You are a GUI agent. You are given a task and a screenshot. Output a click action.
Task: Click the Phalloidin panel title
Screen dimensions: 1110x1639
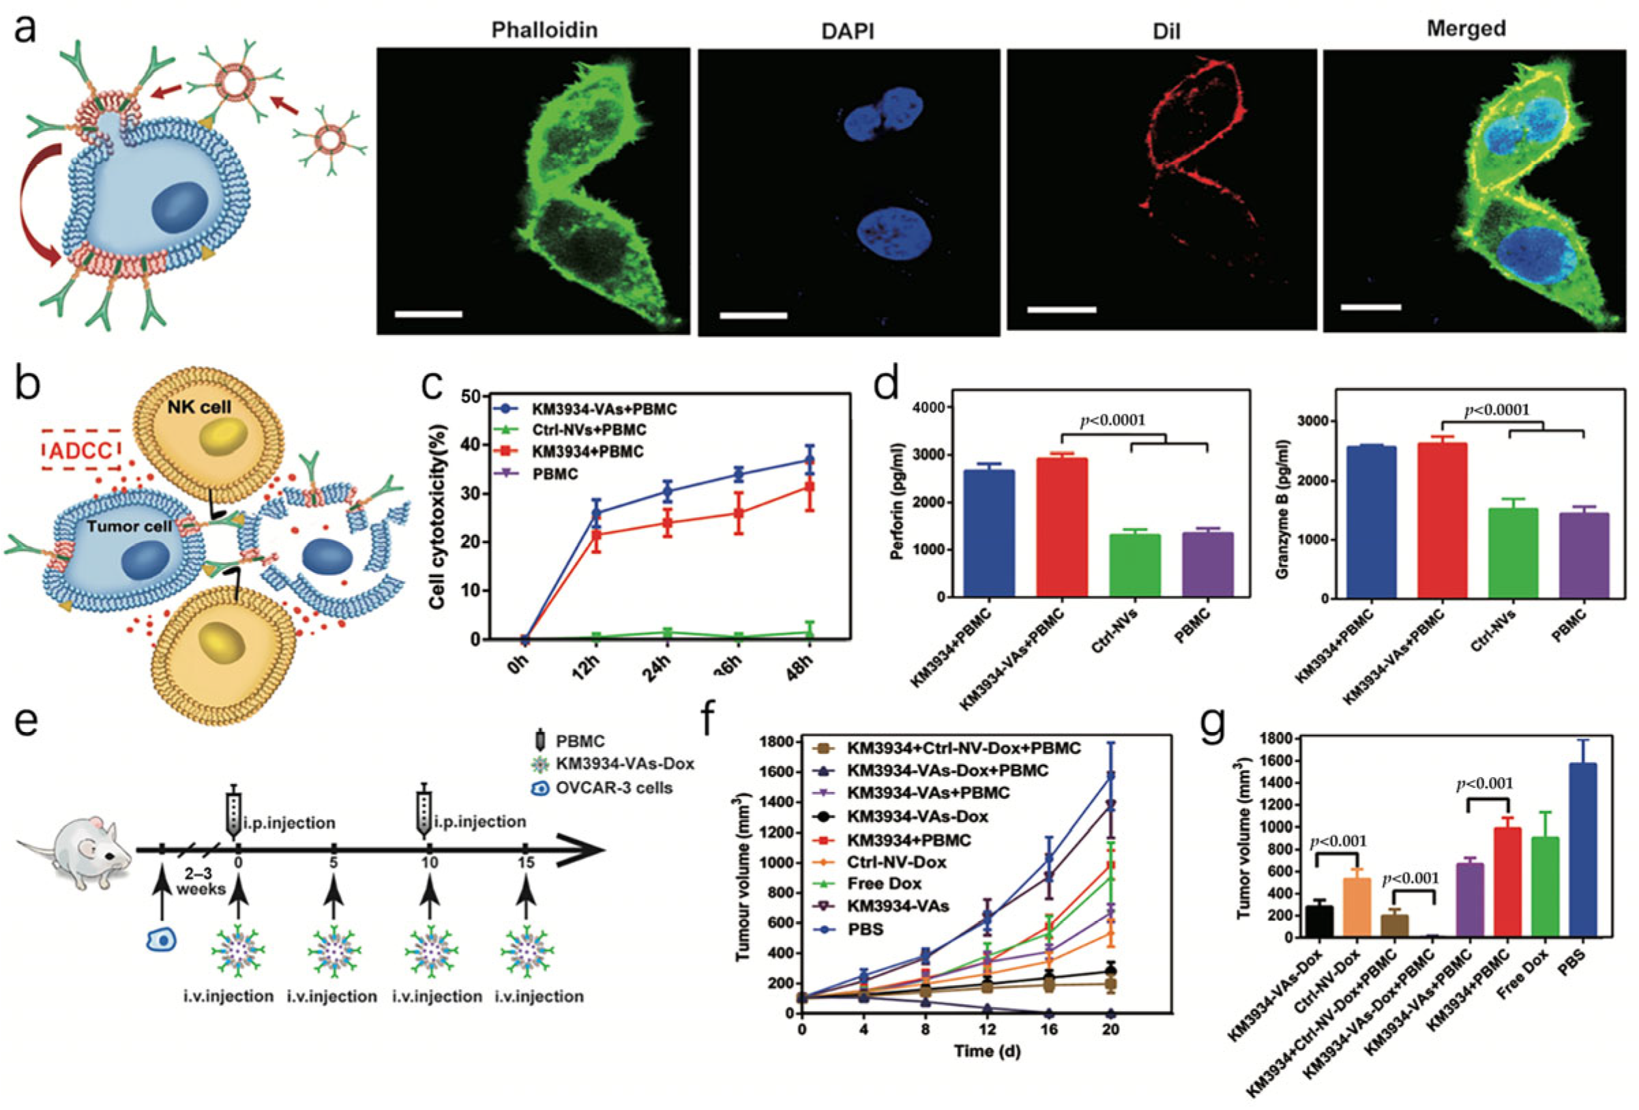pos(544,29)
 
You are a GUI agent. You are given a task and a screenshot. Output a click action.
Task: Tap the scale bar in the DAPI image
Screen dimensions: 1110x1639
pos(753,315)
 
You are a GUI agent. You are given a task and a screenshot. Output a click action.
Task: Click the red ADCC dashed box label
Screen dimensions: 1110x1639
pos(81,451)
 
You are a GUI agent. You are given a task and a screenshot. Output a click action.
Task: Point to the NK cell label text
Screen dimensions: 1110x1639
pos(199,407)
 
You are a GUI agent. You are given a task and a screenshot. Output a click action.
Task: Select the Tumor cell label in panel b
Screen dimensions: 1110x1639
pos(128,526)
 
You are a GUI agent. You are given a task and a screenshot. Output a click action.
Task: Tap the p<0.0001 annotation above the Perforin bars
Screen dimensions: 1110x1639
pos(1113,421)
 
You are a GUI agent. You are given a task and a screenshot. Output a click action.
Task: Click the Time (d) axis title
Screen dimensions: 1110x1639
pos(987,1050)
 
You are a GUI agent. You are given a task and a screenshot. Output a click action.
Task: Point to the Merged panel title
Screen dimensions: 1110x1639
pos(1466,28)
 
